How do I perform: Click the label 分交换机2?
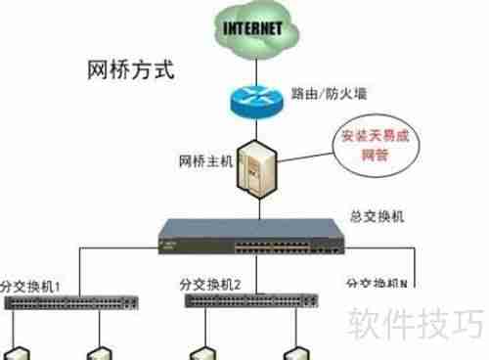210,285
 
